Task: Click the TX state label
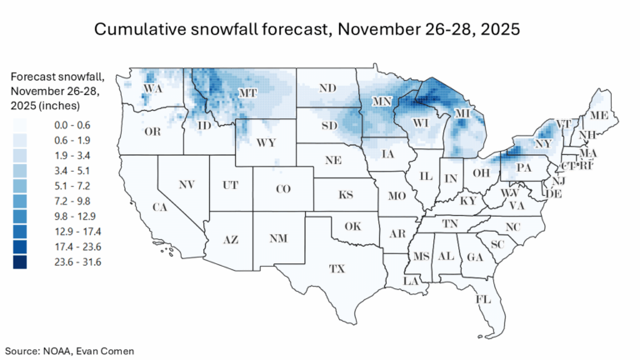[x=337, y=269]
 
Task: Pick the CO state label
[x=282, y=189]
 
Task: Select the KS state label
[x=345, y=196]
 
